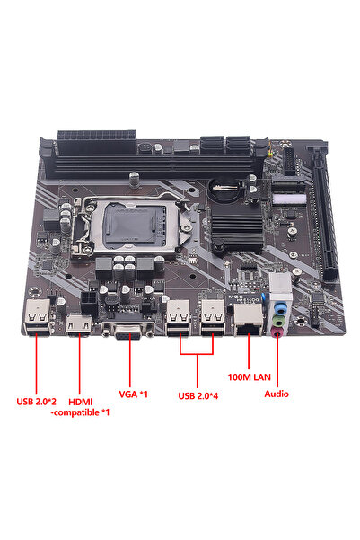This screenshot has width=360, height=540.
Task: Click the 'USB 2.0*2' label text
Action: (x=39, y=401)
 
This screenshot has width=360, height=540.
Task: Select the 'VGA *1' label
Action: (x=132, y=393)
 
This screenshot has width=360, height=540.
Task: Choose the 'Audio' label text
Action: (x=277, y=393)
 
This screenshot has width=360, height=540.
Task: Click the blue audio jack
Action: (x=279, y=305)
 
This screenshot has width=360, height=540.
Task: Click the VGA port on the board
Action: (x=129, y=334)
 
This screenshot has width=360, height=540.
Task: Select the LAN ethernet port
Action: (x=244, y=318)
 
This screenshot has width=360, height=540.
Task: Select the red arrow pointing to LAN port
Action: (x=246, y=354)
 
